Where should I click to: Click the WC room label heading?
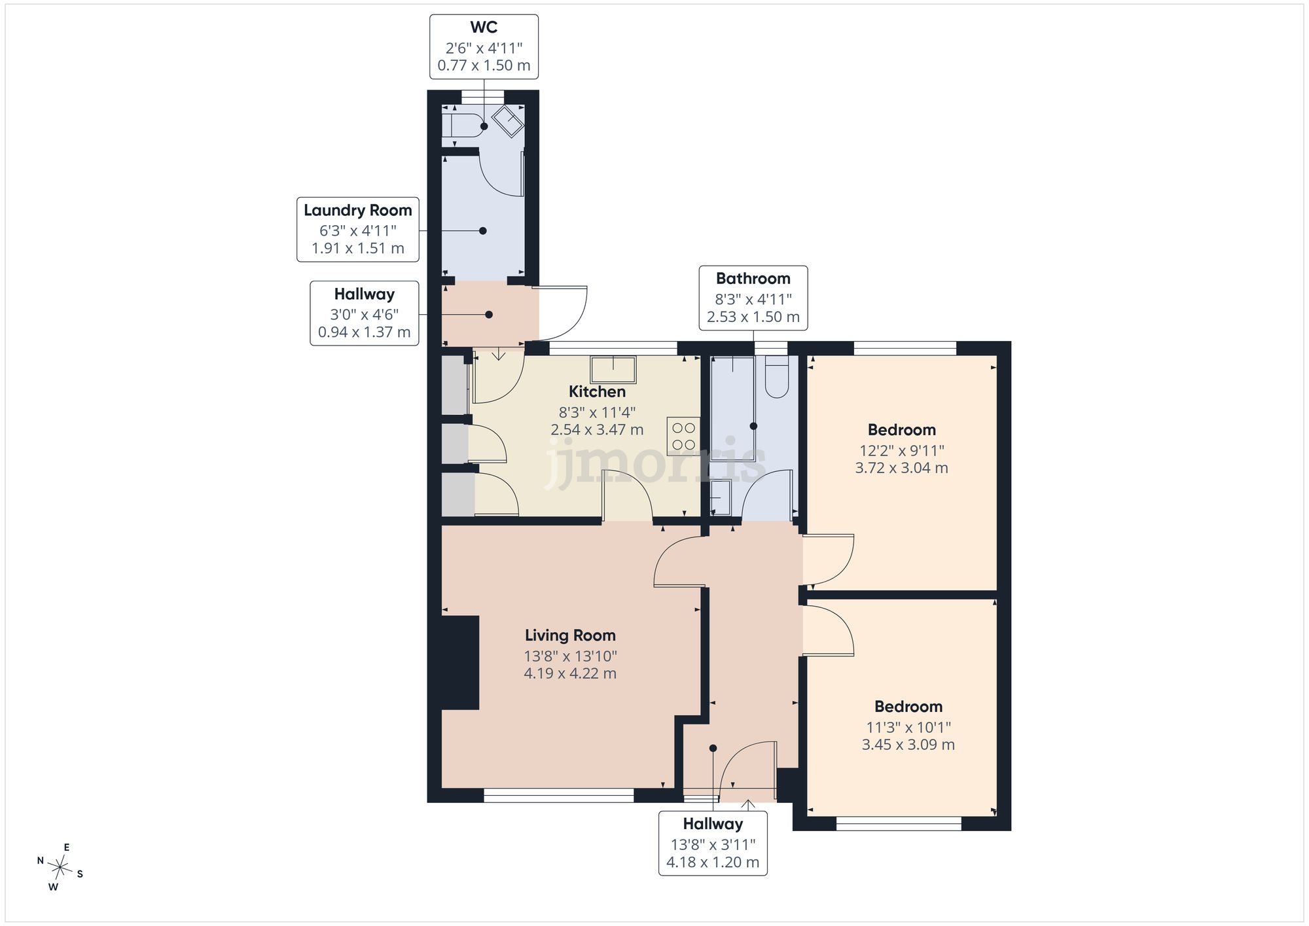pyautogui.click(x=484, y=27)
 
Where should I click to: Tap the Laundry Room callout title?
pyautogui.click(x=358, y=210)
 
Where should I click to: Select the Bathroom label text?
pyautogui.click(x=753, y=278)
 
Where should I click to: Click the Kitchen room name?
pyautogui.click(x=597, y=391)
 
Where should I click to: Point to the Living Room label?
pyautogui.click(x=570, y=635)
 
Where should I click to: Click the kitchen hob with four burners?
pyautogui.click(x=683, y=436)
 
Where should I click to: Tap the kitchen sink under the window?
pyautogui.click(x=613, y=370)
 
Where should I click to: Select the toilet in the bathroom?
pyautogui.click(x=777, y=377)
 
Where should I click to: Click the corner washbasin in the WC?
pyautogui.click(x=508, y=121)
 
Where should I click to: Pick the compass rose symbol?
pyautogui.click(x=60, y=868)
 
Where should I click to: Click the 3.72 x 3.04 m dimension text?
pyautogui.click(x=901, y=468)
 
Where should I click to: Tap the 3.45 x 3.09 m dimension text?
pyautogui.click(x=908, y=745)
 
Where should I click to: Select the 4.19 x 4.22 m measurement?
pyautogui.click(x=570, y=673)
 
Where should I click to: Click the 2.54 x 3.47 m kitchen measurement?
pyautogui.click(x=597, y=430)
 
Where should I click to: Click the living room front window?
pyautogui.click(x=559, y=795)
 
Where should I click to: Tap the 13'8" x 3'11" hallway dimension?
pyautogui.click(x=713, y=845)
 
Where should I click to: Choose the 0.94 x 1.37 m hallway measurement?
pyautogui.click(x=364, y=332)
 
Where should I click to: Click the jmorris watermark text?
pyautogui.click(x=655, y=461)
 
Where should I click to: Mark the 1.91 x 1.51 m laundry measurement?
pyautogui.click(x=358, y=249)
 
